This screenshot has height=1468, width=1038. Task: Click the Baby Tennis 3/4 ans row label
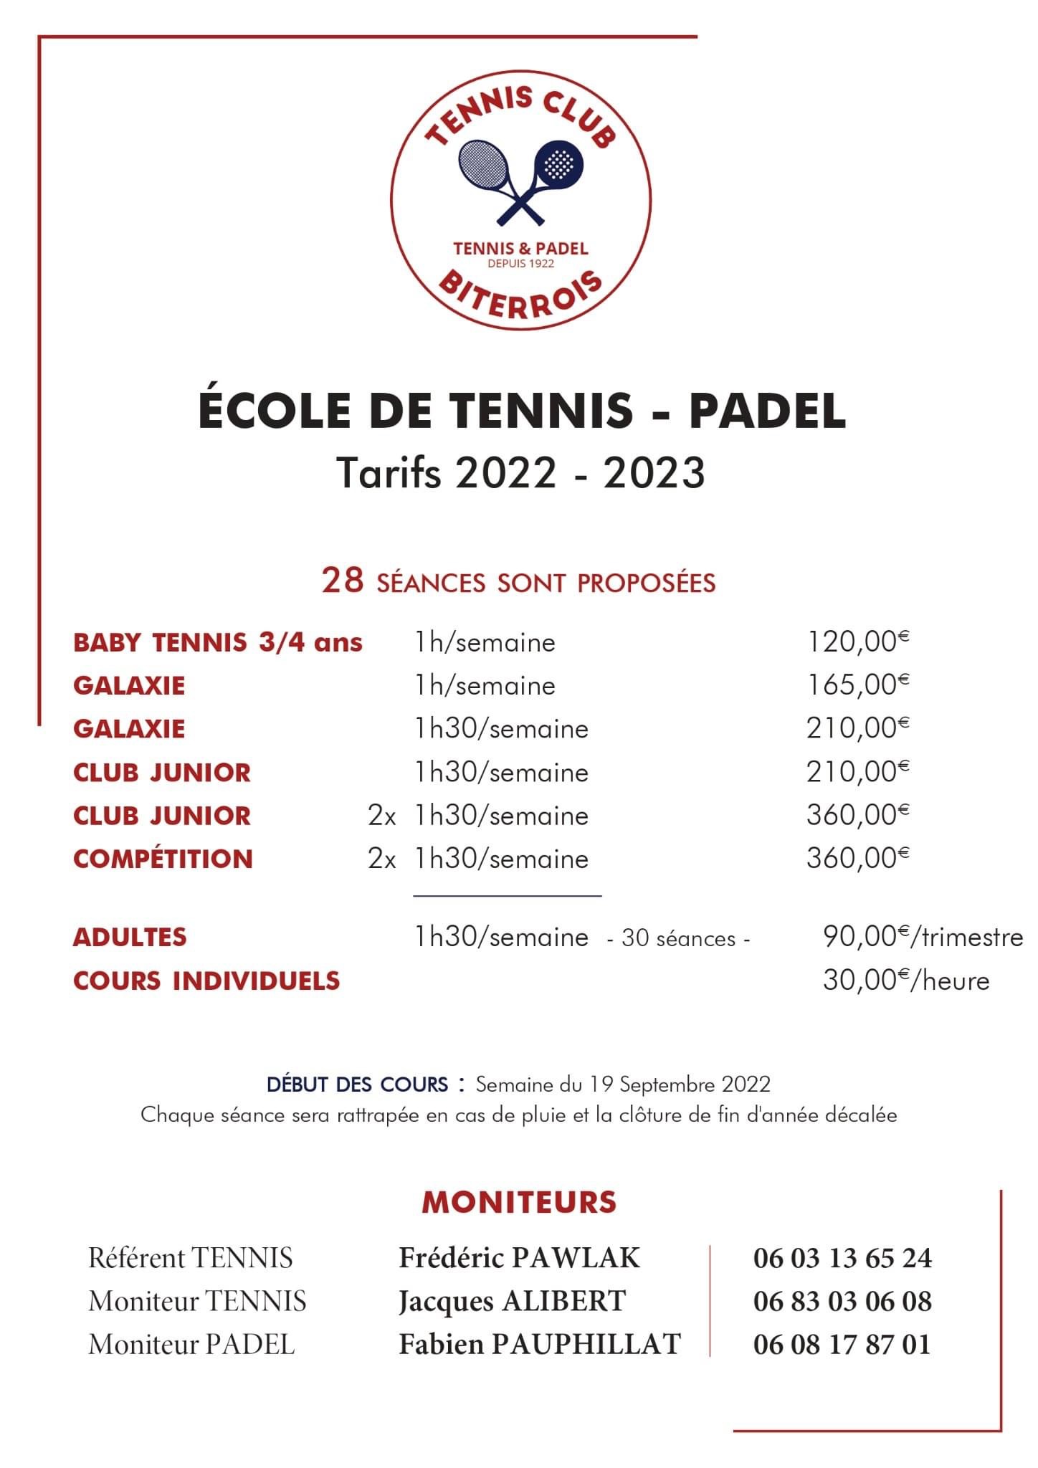coord(217,642)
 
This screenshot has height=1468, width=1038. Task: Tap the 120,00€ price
coord(857,642)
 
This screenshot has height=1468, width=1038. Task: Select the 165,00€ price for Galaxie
coord(857,685)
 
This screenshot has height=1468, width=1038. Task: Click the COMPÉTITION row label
coord(163,859)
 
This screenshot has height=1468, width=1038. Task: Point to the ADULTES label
coord(130,938)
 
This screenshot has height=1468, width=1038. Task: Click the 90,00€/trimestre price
coord(922,938)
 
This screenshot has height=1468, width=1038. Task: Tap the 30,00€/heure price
coord(905,981)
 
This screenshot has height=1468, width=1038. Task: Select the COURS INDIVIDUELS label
coord(206,981)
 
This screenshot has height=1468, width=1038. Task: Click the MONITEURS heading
coord(519,1202)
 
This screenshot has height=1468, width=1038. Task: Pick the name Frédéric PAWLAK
coord(519,1259)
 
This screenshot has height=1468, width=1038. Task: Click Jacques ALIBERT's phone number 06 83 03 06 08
coord(842,1302)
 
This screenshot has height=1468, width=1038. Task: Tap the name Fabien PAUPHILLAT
coord(539,1345)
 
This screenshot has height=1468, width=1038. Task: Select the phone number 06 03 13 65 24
coord(842,1259)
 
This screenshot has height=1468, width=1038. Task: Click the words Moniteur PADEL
coord(191,1345)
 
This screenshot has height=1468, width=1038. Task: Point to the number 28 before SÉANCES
coord(343,581)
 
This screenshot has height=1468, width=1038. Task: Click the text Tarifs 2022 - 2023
coord(521,473)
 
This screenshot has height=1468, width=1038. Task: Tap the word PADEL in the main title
coord(767,410)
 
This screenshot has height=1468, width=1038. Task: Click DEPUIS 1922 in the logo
coord(520,264)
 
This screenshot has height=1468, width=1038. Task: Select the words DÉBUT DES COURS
coord(357,1085)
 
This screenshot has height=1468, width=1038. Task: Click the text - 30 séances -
coord(678,939)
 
